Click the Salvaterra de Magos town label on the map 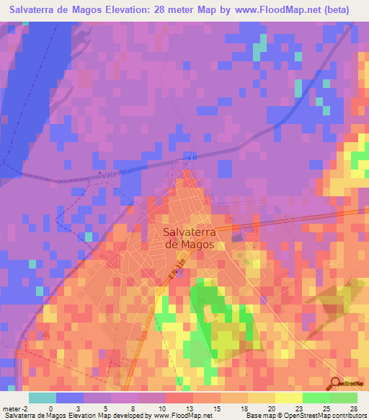point(188,238)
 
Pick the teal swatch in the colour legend point(42,398)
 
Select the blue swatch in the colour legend point(69,398)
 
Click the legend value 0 point(50,408)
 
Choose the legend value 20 point(271,408)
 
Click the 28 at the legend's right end point(353,408)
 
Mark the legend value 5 point(106,408)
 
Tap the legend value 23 point(298,408)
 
